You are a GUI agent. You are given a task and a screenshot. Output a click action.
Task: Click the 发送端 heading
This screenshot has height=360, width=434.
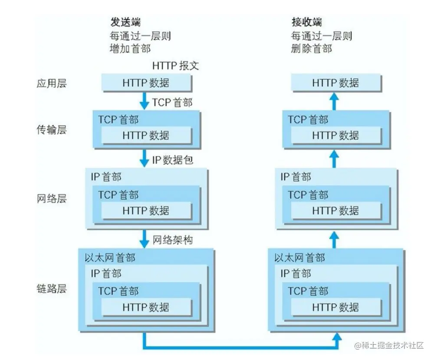point(125,22)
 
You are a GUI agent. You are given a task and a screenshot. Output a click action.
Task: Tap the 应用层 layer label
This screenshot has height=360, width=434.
point(52,83)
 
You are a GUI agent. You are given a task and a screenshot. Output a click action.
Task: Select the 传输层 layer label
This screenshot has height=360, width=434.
point(52,129)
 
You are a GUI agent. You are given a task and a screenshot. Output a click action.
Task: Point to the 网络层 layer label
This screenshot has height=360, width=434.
point(52,199)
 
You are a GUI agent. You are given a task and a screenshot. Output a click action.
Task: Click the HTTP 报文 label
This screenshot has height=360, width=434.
point(175,66)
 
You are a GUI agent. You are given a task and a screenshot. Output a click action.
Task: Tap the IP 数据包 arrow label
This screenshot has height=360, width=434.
point(172,160)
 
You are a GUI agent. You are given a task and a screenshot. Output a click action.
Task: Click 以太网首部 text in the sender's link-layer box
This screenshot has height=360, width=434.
point(110,258)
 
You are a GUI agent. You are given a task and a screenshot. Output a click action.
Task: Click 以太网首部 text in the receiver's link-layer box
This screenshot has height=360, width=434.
point(299,258)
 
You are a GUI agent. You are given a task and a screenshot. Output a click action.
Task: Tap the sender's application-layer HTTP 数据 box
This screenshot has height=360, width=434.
point(146,83)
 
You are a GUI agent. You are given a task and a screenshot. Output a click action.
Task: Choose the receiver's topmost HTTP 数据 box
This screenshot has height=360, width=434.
point(335,83)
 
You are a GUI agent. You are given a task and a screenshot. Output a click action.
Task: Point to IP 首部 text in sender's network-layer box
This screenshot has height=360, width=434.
point(106,177)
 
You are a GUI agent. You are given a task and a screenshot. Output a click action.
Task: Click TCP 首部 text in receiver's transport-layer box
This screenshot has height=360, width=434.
point(308,119)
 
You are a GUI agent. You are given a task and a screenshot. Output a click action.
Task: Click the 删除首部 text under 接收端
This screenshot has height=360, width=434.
point(312,49)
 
